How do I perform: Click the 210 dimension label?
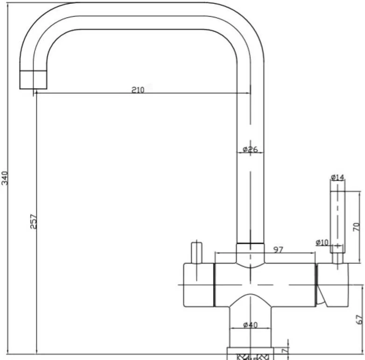coord(138,90)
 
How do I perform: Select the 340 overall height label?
coord(5,178)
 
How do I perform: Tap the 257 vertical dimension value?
coord(34,221)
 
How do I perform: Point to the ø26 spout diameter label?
coord(251,149)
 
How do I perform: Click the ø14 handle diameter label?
coord(337,177)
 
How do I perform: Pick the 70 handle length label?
coord(357,227)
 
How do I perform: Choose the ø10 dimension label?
coord(322,243)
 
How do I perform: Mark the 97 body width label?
coord(278,250)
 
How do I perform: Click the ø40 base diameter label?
coord(251,325)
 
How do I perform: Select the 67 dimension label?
coord(359,319)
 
